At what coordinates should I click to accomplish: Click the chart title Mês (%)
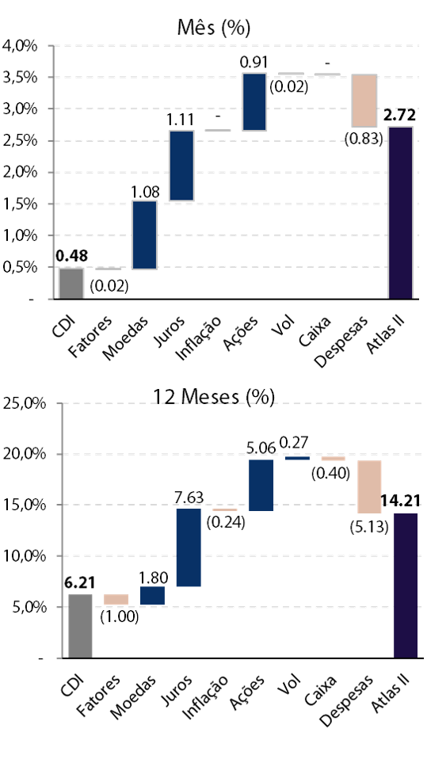pos(214,29)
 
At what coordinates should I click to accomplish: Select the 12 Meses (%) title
pos(214,397)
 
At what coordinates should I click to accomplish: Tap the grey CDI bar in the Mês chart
pos(71,283)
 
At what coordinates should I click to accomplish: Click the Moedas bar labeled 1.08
pos(144,235)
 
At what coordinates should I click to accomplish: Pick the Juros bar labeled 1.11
pos(182,166)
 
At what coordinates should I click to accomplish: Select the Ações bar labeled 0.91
pos(254,101)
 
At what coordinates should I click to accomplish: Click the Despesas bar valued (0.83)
pos(364,101)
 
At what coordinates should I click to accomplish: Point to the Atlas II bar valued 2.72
pos(401,212)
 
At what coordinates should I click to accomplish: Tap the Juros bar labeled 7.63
pos(189,547)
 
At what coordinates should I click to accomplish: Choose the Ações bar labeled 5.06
pos(261,485)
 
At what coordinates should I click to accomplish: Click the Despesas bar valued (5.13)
pos(370,486)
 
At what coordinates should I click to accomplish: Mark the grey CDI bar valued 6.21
pos(80,626)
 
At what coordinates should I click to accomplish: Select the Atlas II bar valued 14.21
pos(406,586)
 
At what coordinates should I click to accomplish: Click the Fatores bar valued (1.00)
pos(116,600)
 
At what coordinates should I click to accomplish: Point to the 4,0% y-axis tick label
pos(21,46)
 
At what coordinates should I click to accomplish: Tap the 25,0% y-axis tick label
pos(24,404)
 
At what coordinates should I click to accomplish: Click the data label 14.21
pos(400,500)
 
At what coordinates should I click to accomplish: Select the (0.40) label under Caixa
pos(330,473)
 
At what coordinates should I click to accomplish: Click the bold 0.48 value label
pos(71,255)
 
